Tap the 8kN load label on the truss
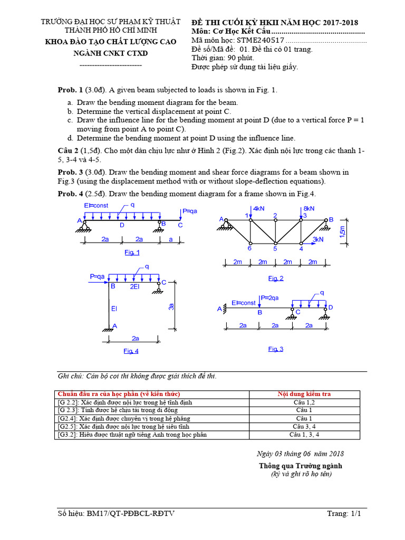click(308, 208)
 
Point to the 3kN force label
click(318, 239)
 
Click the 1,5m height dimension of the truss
click(343, 232)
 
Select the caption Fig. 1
click(132, 253)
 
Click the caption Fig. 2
click(276, 278)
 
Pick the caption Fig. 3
click(276, 349)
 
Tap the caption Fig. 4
click(131, 351)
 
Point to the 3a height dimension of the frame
click(170, 306)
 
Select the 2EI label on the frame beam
click(136, 286)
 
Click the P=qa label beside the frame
click(99, 276)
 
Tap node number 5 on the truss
click(275, 248)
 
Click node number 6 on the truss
click(249, 248)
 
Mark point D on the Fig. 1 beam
click(122, 225)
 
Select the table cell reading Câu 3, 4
click(304, 426)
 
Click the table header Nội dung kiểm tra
click(304, 394)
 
